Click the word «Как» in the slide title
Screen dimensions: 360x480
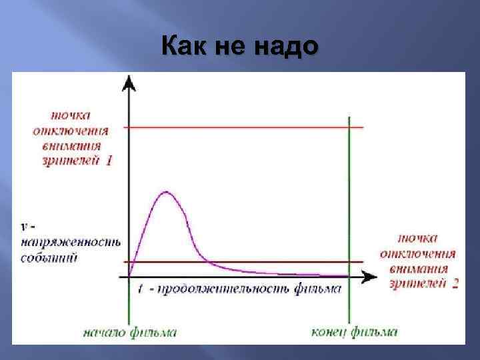pos(185,48)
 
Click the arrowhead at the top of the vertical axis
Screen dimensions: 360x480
pos(130,83)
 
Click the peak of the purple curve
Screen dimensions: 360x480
pos(165,193)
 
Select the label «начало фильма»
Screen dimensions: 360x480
pos(130,332)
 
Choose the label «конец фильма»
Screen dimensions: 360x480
pos(354,332)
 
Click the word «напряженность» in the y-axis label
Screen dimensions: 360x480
pos(69,243)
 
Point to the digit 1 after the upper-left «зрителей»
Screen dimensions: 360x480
pos(109,161)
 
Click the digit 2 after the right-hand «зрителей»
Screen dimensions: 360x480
pos(455,283)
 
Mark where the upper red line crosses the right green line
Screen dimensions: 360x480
pos(349,127)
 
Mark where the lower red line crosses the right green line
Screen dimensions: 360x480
pos(349,262)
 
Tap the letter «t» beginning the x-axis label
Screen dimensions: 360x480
pos(141,289)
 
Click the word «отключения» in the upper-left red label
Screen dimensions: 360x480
pos(70,131)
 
